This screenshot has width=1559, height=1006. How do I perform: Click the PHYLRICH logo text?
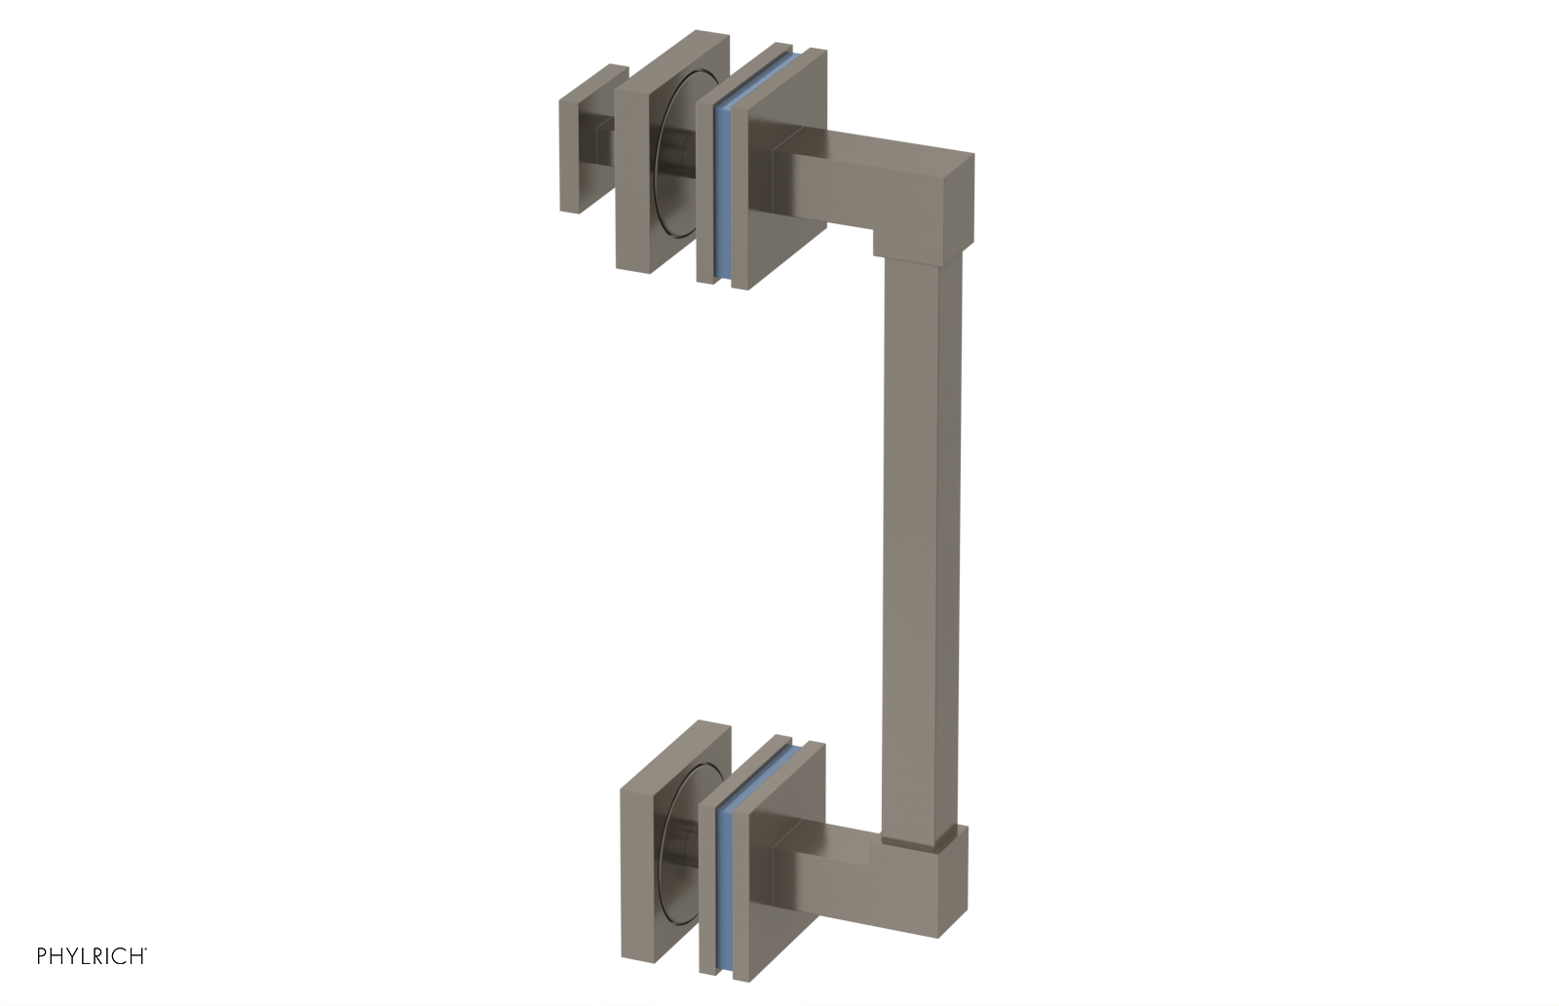tap(92, 956)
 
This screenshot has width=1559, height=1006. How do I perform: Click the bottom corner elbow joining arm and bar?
tap(940, 877)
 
